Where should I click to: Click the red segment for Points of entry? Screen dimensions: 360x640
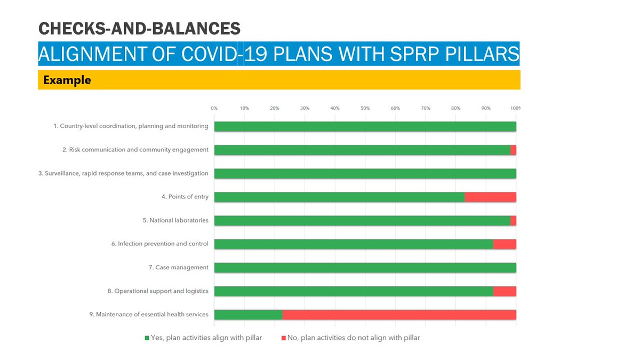click(490, 197)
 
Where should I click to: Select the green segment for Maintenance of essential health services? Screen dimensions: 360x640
click(248, 314)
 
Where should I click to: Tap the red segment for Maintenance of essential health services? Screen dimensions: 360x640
click(399, 314)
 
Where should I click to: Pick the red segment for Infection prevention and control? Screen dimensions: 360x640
click(505, 244)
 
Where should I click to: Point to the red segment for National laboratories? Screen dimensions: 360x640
click(513, 220)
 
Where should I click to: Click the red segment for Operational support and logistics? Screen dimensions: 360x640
click(505, 291)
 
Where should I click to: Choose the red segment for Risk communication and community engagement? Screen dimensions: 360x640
click(513, 150)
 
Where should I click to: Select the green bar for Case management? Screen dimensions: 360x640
click(365, 267)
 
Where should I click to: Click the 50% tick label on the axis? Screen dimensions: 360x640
click(365, 108)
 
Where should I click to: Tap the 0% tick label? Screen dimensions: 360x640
click(214, 108)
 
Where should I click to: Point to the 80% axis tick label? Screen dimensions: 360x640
click(455, 108)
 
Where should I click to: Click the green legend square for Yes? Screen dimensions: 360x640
click(147, 338)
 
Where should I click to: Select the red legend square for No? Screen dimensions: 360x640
click(283, 338)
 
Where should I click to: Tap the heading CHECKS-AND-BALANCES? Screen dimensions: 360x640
click(139, 28)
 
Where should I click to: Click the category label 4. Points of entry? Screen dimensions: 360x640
click(185, 197)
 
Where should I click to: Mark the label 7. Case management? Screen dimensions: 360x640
click(178, 267)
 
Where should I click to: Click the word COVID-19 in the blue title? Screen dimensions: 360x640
click(206, 54)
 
